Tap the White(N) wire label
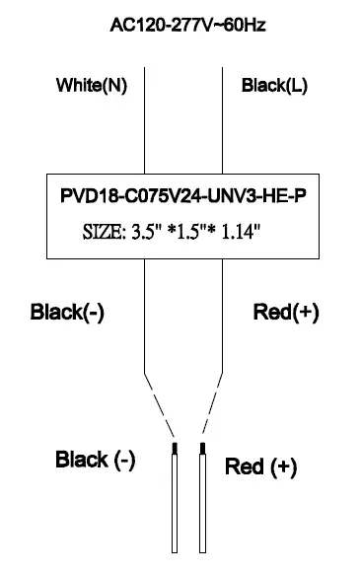point(91,86)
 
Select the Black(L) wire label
point(274,86)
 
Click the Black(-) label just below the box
point(68,313)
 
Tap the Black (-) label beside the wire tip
point(96,460)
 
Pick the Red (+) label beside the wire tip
point(261,466)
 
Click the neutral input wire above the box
point(145,118)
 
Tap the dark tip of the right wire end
point(202,450)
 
